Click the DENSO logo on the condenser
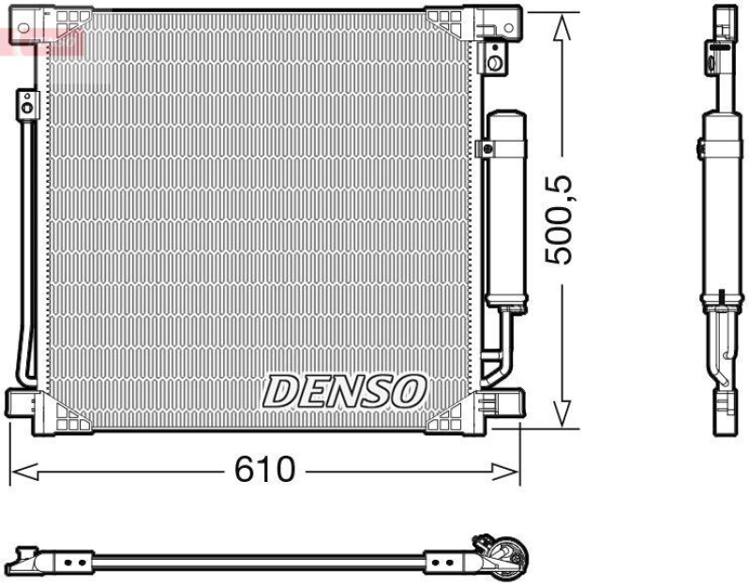[x=344, y=390]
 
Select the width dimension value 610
[x=265, y=469]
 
